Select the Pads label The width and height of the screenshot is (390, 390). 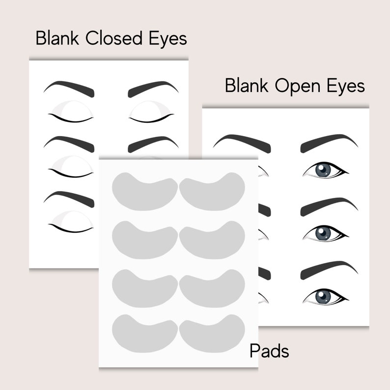[x=269, y=351]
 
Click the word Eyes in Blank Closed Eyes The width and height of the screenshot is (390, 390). [x=166, y=39]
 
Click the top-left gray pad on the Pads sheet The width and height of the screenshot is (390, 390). [x=145, y=192]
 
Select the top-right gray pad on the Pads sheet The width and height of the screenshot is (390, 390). [x=212, y=192]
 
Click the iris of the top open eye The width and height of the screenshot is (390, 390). [x=323, y=169]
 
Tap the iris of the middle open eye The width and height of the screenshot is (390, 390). [x=323, y=233]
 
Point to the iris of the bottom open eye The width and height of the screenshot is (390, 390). [x=323, y=296]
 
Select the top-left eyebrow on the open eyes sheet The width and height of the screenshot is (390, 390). [x=243, y=143]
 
